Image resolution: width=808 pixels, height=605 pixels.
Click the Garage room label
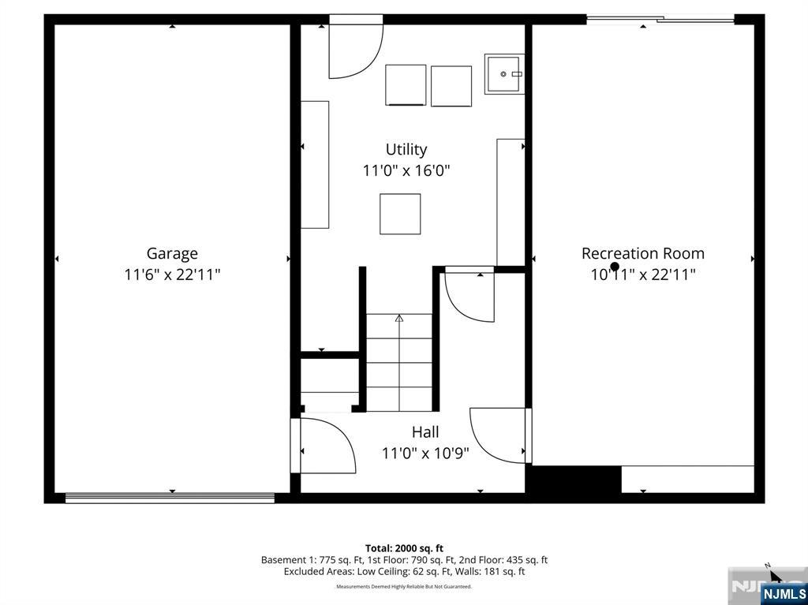click(172, 253)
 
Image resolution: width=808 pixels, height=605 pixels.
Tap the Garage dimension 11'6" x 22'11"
click(172, 274)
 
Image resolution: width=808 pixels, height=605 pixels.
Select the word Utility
click(406, 150)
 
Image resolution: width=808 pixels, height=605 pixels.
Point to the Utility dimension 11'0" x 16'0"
click(406, 170)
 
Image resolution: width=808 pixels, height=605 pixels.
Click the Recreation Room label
click(643, 253)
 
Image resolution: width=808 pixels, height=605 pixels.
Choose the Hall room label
click(425, 431)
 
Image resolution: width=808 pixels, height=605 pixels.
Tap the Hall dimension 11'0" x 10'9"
click(425, 453)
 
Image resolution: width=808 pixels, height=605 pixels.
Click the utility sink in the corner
click(504, 74)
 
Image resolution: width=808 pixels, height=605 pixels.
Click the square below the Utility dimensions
click(400, 214)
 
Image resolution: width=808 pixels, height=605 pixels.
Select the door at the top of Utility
click(356, 47)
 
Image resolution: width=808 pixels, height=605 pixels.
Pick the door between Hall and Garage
click(323, 445)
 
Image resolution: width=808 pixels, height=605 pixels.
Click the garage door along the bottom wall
click(170, 498)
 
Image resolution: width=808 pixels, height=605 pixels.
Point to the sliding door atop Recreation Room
click(660, 20)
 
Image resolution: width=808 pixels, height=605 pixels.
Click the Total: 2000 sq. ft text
click(404, 548)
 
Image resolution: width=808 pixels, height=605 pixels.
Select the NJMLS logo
click(784, 593)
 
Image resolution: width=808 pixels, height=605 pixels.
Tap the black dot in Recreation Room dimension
click(615, 267)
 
